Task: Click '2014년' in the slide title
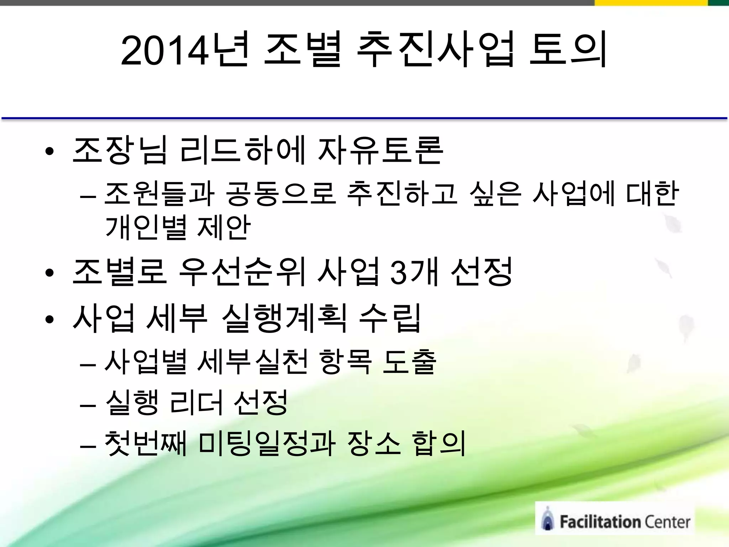coord(184,50)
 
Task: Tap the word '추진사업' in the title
coord(435,50)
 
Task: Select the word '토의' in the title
coord(568,50)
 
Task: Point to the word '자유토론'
coord(380,151)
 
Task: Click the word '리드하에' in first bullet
coord(242,151)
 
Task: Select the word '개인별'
coord(146,227)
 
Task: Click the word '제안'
coord(224,227)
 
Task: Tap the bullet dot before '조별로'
coord(49,273)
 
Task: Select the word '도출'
coord(409,361)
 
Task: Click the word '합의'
coord(439,443)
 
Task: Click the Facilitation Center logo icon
coord(547,519)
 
